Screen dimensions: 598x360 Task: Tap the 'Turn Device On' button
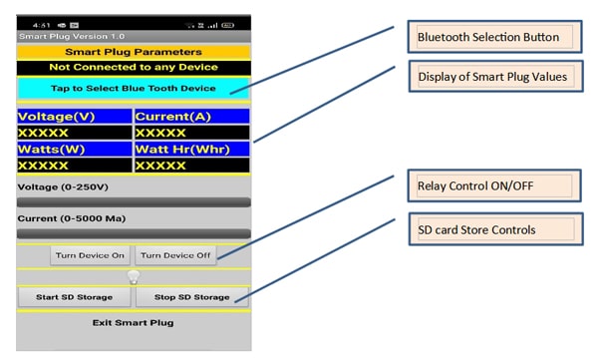90,255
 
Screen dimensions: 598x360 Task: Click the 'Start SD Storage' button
75,297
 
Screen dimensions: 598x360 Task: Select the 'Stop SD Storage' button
191,297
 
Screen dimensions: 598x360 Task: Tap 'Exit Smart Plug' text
134,322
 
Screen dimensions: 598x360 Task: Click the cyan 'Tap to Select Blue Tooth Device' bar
134,88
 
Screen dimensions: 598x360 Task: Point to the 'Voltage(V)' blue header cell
75,117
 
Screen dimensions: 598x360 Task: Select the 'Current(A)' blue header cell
192,117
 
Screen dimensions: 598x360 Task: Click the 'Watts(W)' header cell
75,149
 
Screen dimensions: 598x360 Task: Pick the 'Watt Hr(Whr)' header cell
192,149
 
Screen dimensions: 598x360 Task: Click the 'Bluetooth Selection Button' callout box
494,37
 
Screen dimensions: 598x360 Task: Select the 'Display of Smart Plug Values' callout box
495,77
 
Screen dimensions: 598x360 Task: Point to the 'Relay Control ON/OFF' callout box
494,185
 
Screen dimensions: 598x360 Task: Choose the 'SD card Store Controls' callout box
495,229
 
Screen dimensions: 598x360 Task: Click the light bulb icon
134,277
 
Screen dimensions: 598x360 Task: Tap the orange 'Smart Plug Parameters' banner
134,52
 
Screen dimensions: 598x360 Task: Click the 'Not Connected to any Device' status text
134,67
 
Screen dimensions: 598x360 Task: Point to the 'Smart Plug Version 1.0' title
72,36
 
